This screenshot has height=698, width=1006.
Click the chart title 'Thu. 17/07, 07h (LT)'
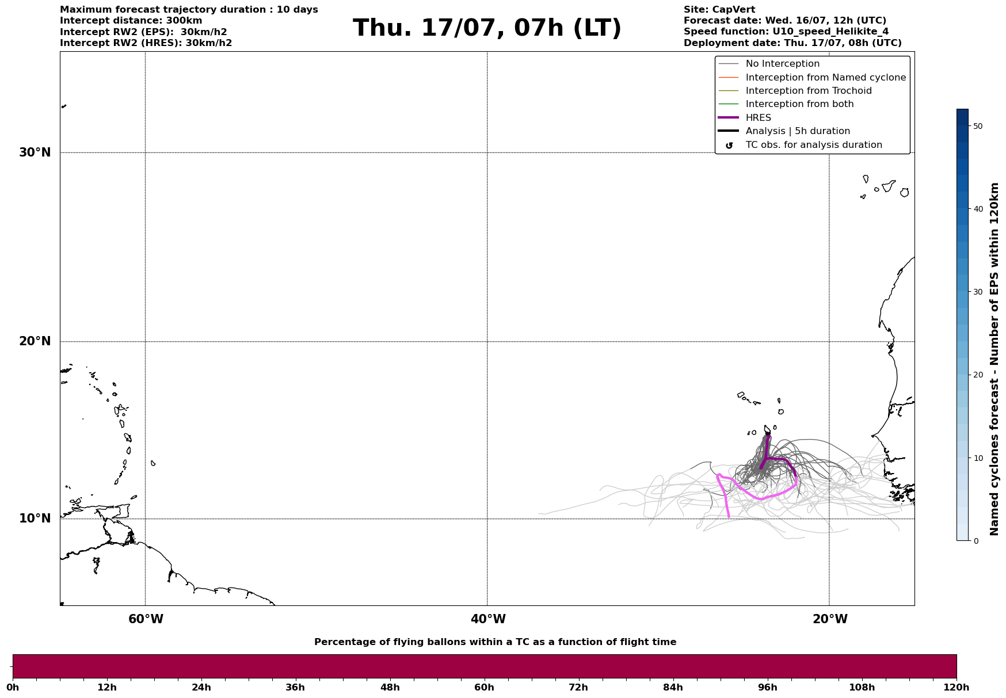(x=487, y=28)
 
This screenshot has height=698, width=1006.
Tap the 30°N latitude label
(x=35, y=152)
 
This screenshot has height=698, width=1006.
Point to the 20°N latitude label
(x=35, y=341)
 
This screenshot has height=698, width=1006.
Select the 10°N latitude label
(x=35, y=518)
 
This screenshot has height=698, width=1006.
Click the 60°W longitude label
(x=146, y=619)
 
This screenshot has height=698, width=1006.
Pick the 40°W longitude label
(x=488, y=619)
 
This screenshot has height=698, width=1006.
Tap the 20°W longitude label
(x=830, y=619)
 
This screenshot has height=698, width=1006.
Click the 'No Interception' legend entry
(x=782, y=64)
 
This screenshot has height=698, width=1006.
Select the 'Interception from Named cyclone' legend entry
(x=825, y=78)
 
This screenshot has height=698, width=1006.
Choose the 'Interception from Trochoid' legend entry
(x=808, y=91)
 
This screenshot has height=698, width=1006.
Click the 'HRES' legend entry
(x=758, y=118)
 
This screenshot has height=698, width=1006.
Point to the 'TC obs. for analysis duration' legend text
(x=813, y=145)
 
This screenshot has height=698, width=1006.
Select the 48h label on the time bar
(x=390, y=688)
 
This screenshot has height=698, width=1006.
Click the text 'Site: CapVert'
(x=719, y=10)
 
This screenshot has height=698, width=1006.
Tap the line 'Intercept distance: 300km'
(x=131, y=21)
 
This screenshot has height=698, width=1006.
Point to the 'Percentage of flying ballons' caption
(x=495, y=642)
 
